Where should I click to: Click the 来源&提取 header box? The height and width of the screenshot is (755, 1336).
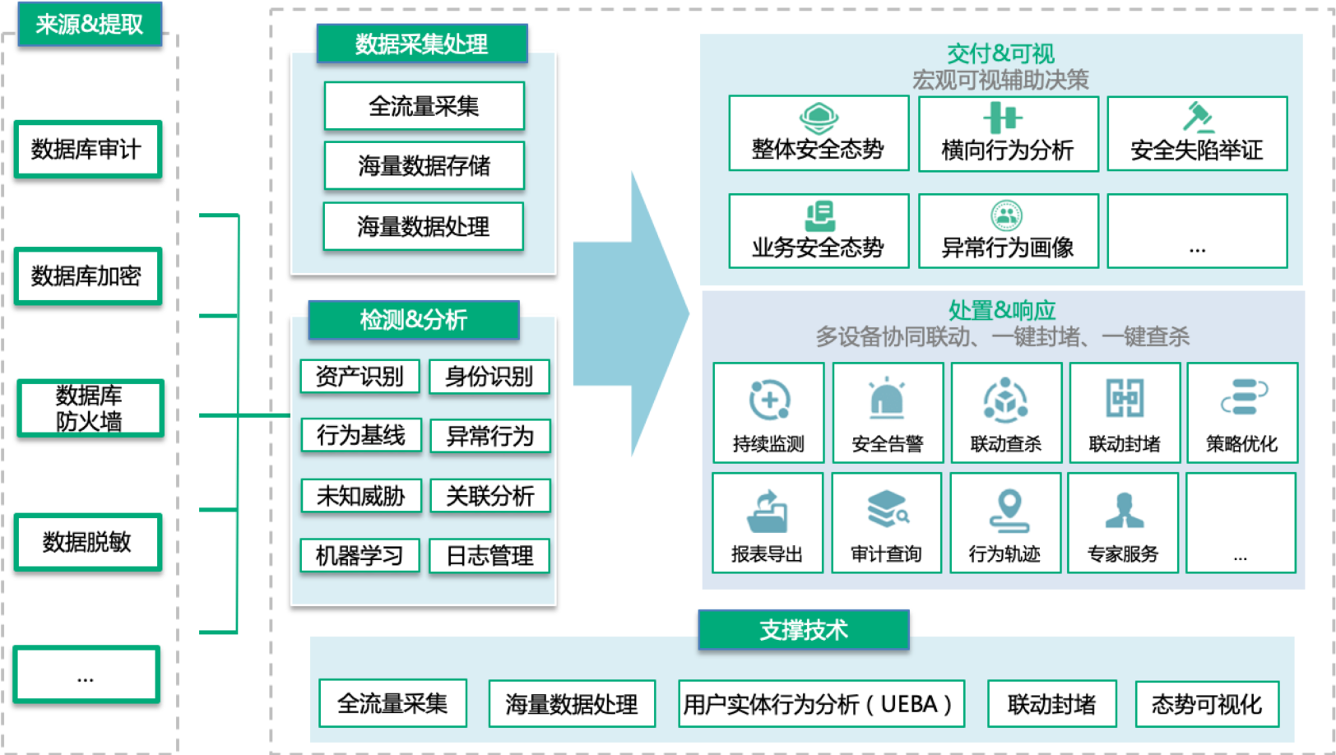(90, 24)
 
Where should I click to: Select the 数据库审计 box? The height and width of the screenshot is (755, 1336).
(88, 149)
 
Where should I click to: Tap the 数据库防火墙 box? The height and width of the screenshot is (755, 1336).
(90, 409)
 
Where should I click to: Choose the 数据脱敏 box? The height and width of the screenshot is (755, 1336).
(88, 542)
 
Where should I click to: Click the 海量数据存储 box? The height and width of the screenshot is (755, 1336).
(424, 166)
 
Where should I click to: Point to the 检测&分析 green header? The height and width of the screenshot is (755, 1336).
(414, 320)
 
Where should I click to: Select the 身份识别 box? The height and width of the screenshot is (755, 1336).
(489, 377)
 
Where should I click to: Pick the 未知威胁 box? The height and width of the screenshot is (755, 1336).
(361, 496)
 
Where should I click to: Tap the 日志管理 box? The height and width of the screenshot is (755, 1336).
(489, 556)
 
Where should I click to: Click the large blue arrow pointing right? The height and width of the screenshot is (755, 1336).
(631, 314)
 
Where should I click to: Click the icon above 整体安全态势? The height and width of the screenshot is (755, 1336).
(819, 118)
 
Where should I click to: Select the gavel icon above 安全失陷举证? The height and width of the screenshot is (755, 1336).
(1198, 117)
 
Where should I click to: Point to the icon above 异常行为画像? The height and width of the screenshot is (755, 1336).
(1007, 215)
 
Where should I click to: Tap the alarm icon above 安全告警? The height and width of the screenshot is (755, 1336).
(888, 398)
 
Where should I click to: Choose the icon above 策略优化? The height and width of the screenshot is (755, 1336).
(1244, 397)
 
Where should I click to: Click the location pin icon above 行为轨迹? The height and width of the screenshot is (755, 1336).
(1009, 511)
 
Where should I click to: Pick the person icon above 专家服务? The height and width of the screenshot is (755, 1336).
(1125, 511)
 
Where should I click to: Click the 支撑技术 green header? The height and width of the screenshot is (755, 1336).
(804, 630)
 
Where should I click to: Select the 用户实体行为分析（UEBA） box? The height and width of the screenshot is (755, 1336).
(821, 704)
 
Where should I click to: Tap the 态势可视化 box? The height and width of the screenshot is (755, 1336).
(1207, 704)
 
